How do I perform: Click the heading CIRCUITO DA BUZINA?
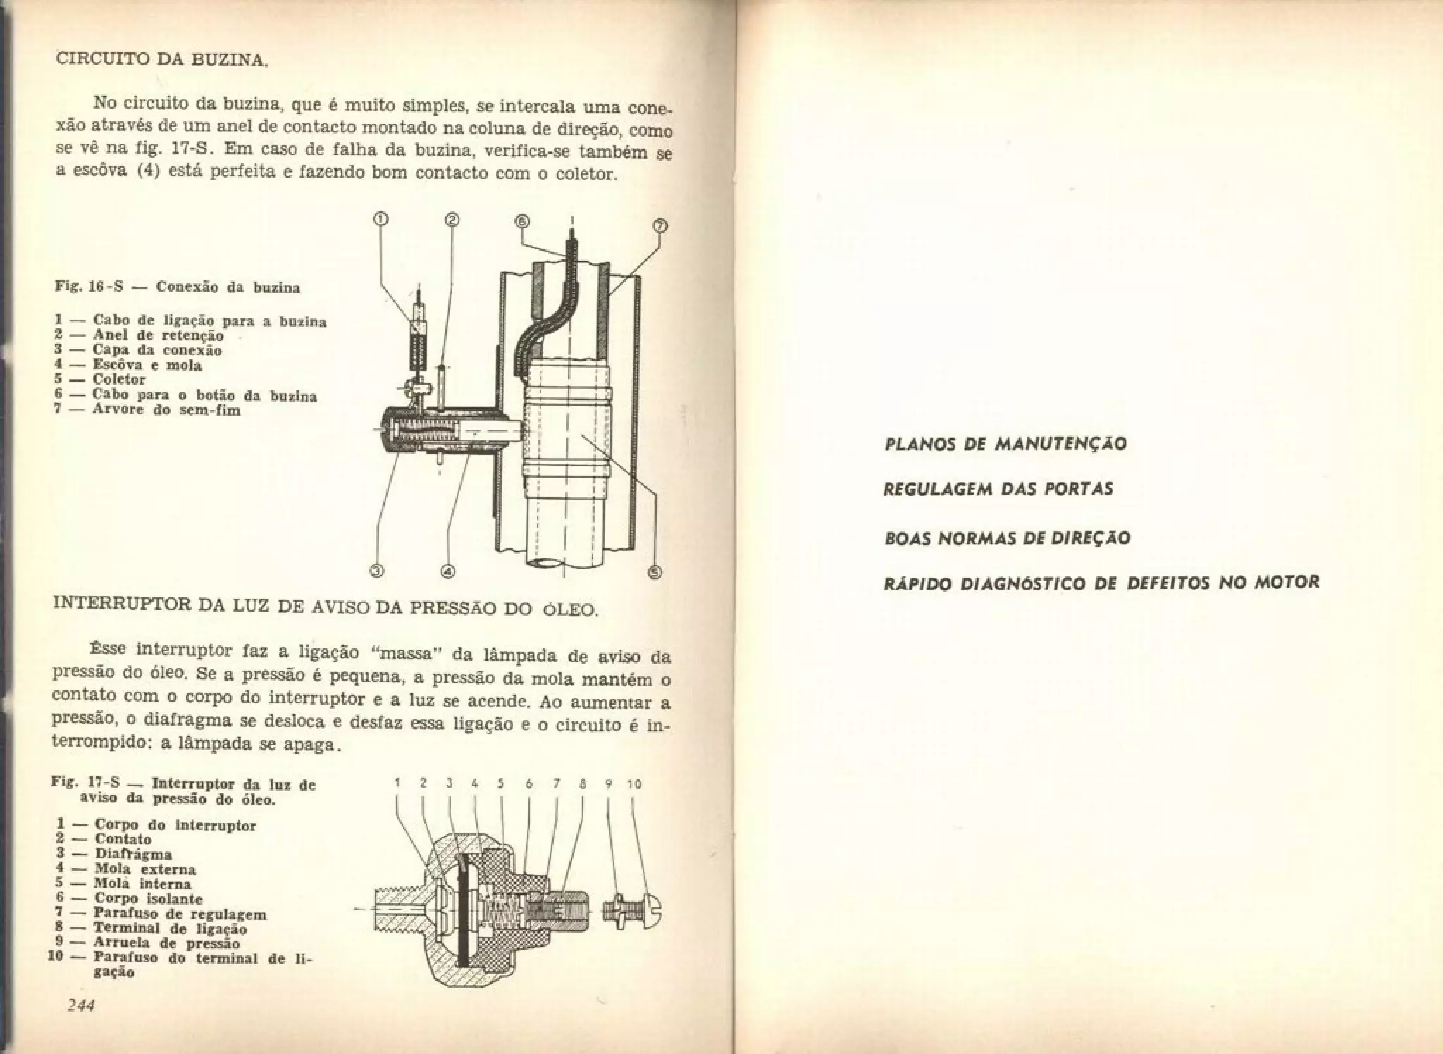[161, 59]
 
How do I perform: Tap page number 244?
[80, 1005]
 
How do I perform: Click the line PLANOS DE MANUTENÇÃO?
[1005, 444]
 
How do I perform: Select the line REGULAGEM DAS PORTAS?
[998, 488]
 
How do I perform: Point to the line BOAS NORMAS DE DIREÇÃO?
[1006, 538]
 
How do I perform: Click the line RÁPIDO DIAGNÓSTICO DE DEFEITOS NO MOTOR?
[1101, 583]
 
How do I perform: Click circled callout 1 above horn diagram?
[380, 221]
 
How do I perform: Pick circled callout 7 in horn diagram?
[660, 226]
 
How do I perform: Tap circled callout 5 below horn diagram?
[655, 572]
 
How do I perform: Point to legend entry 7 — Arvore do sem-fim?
[148, 409]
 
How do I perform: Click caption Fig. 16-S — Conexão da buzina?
[178, 287]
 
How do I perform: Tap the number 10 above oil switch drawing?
[633, 783]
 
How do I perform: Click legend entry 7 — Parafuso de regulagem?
[158, 914]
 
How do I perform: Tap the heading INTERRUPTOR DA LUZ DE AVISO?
[326, 606]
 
